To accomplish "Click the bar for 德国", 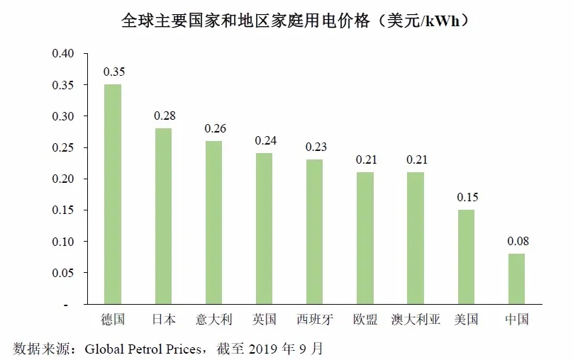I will tap(113, 194).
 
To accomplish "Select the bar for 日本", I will tap(163, 216).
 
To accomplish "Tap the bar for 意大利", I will tap(213, 223).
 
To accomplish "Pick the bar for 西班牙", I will tap(314, 232).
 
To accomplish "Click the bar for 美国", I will tap(466, 257).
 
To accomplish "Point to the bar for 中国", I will tap(516, 279).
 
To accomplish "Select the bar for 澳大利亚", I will tap(416, 238).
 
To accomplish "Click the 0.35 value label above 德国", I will tap(113, 72).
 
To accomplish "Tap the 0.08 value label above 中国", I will tap(517, 241).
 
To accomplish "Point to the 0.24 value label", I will tap(265, 140).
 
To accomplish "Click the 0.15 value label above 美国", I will tap(467, 197).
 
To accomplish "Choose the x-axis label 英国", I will tap(264, 320).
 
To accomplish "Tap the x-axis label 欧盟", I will tap(365, 320).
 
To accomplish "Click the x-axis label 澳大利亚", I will tap(416, 320).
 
